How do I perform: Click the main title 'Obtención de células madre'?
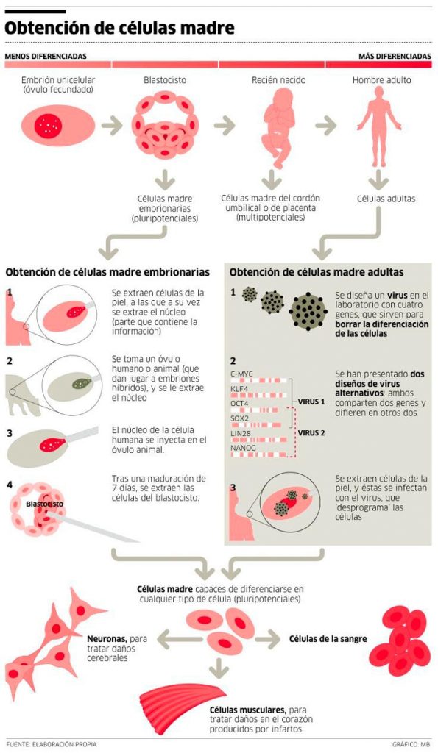(x=119, y=28)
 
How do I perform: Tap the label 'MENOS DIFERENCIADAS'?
(x=46, y=56)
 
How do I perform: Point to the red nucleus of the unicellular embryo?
(x=48, y=126)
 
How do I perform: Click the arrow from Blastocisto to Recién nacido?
(x=224, y=126)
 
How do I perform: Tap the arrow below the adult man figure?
(x=378, y=181)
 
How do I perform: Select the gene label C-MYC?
(x=241, y=374)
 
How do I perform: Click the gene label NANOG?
(x=243, y=448)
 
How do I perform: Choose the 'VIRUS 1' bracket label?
(x=311, y=402)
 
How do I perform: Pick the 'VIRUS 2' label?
(x=311, y=432)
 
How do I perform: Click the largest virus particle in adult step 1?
(x=308, y=312)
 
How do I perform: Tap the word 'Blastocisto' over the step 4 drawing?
(x=44, y=504)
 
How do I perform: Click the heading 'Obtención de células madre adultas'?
(x=317, y=272)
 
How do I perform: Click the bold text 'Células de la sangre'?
(x=328, y=639)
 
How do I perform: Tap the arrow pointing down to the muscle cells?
(x=219, y=668)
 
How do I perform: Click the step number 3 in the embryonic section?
(x=10, y=434)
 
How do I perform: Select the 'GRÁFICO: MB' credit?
(x=411, y=744)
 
